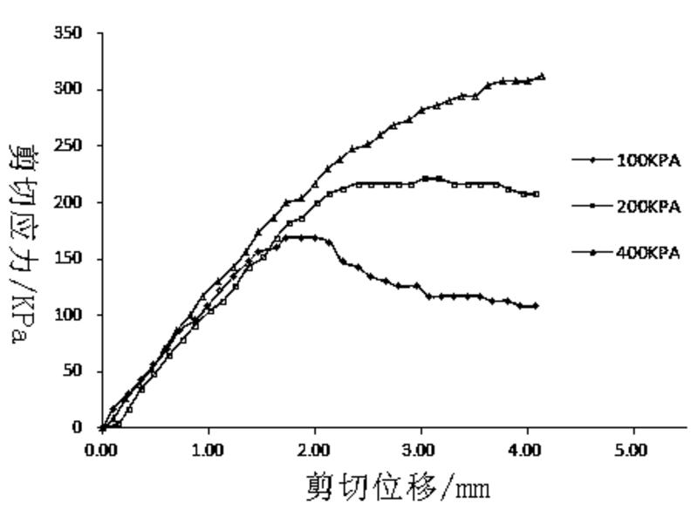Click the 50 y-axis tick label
pyautogui.click(x=74, y=371)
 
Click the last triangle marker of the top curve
pyautogui.click(x=542, y=77)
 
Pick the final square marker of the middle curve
pyautogui.click(x=536, y=194)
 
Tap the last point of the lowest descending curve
pyautogui.click(x=535, y=306)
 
